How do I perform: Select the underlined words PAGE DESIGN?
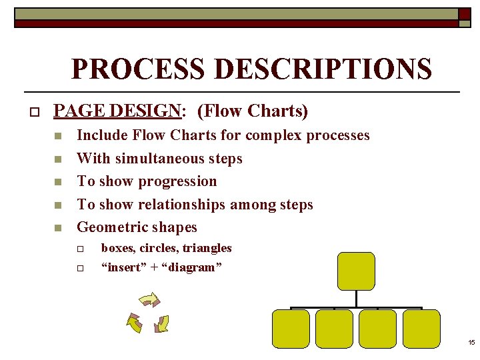[x=117, y=111]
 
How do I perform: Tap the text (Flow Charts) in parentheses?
[x=253, y=111]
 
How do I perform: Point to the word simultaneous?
[x=158, y=159]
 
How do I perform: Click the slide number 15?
[x=471, y=343]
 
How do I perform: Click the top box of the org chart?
[x=356, y=271]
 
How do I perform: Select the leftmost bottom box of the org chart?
[x=291, y=329]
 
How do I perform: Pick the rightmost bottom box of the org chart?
[x=421, y=329]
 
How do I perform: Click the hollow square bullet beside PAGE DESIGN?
[x=31, y=111]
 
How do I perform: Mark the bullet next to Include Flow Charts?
[x=58, y=136]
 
